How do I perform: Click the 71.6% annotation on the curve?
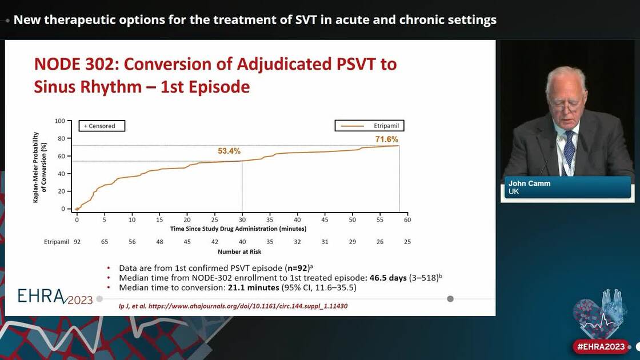click(x=386, y=139)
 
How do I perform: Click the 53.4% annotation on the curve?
click(x=229, y=151)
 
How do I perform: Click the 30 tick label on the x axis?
click(x=242, y=219)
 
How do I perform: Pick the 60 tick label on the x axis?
click(x=407, y=219)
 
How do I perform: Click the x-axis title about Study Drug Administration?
click(x=238, y=229)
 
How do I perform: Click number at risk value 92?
click(x=77, y=242)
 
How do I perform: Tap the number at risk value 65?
click(x=105, y=242)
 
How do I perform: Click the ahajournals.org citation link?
click(x=233, y=306)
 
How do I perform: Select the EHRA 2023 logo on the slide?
click(x=55, y=296)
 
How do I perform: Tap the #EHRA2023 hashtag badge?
click(x=601, y=346)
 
